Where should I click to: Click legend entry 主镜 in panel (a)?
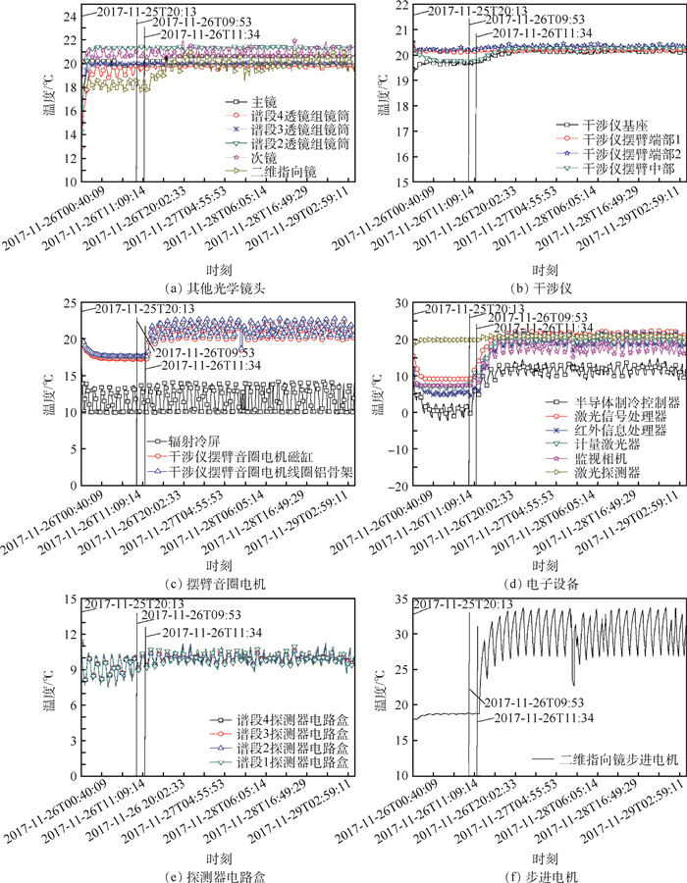click(263, 102)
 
